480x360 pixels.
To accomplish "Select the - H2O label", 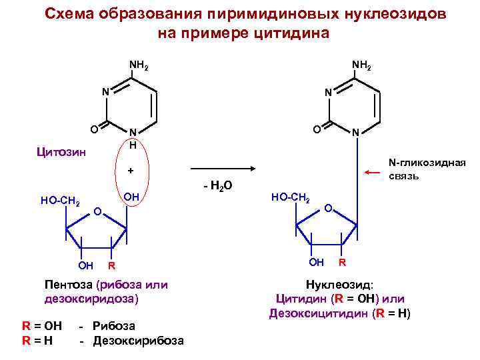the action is point(217,185).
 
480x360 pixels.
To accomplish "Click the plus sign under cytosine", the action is point(131,171).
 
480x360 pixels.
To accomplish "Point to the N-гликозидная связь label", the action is point(427,169).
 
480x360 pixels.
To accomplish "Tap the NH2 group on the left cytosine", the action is point(139,66).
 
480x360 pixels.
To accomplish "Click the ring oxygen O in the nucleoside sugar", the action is point(327,210).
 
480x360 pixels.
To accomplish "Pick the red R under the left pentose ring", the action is point(112,266).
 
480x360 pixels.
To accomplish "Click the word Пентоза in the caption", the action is point(67,285).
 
